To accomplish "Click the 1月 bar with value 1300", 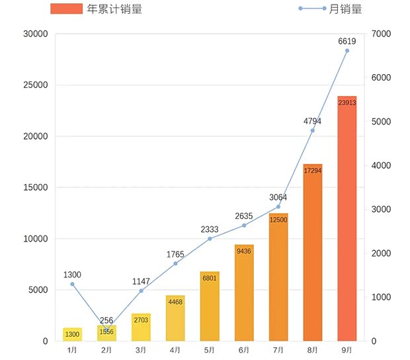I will click(x=73, y=335).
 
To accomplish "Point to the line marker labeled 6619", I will click(x=347, y=51).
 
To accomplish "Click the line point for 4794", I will click(x=313, y=130).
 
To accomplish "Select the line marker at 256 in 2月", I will click(x=107, y=330).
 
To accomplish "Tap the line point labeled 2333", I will click(x=210, y=239).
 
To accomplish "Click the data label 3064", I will click(x=278, y=197).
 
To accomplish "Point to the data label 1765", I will click(x=175, y=253).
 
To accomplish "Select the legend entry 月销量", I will click(x=331, y=9).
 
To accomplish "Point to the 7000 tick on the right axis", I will click(x=383, y=34).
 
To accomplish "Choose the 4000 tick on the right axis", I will click(x=383, y=165).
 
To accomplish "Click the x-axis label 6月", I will click(x=244, y=349).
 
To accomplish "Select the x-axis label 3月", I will click(x=141, y=349).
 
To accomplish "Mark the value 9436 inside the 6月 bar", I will click(x=244, y=251).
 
